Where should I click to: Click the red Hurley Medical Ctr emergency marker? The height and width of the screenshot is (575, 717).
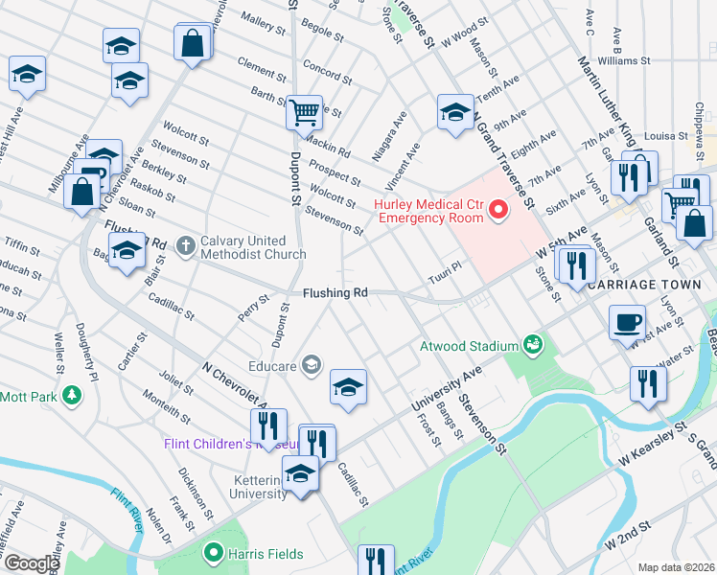click(497, 209)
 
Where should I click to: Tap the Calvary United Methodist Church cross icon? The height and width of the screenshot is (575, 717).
click(185, 247)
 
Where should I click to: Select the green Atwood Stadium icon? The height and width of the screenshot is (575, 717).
click(532, 344)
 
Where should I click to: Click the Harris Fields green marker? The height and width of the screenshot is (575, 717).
click(214, 553)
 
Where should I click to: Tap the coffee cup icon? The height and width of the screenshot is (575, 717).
click(628, 322)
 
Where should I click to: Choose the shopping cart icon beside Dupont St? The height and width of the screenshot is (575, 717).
click(304, 112)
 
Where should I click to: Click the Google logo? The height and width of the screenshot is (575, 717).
click(33, 563)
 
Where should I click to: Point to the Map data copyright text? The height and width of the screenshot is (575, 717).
click(676, 567)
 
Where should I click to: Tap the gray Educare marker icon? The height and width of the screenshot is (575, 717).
click(311, 363)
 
